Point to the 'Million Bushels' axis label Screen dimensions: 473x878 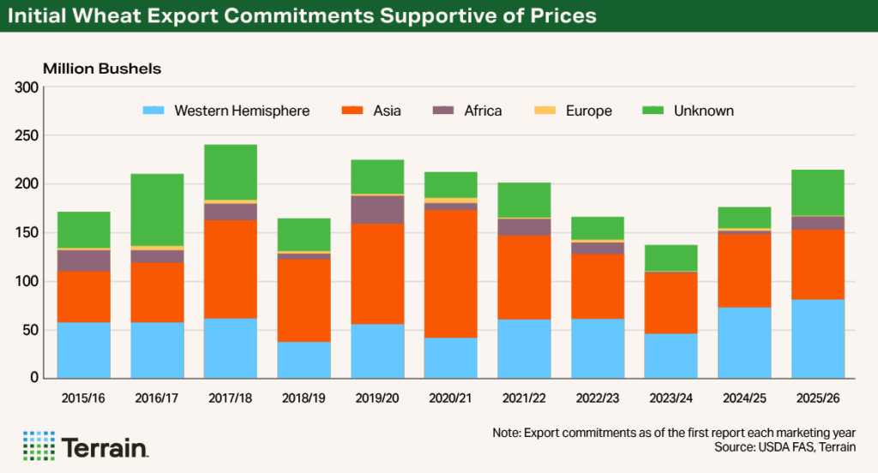point(102,68)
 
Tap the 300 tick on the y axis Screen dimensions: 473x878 point(27,87)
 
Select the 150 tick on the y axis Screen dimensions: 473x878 point(27,232)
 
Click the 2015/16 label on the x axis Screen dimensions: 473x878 point(84,399)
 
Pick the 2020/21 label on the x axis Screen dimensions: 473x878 point(450,399)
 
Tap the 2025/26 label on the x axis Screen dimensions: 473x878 point(817,399)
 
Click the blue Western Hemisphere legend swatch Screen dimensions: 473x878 point(153,111)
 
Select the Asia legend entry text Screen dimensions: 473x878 point(387,111)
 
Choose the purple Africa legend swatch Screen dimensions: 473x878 point(442,111)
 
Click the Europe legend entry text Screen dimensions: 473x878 point(588,111)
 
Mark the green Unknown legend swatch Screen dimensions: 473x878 point(653,111)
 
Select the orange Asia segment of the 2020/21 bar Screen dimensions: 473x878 point(450,273)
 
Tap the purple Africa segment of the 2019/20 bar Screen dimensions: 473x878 point(377,210)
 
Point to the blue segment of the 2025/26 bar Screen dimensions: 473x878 point(817,338)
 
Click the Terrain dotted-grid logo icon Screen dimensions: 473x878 point(38,446)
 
